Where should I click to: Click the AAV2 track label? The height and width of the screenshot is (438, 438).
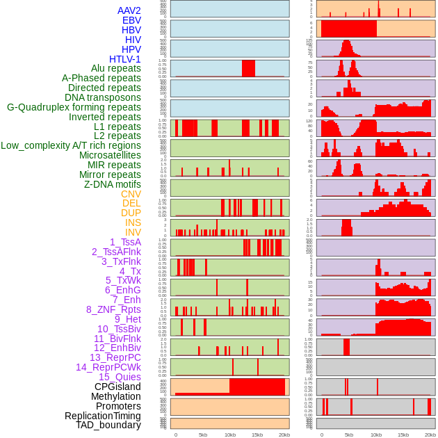pos(129,10)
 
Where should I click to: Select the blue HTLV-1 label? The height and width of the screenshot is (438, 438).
pos(124,59)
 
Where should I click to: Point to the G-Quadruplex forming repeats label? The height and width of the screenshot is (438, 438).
pos(74,107)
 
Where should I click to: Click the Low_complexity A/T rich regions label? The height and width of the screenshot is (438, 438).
pos(71,145)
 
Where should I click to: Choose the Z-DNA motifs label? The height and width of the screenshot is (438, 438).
pos(112,184)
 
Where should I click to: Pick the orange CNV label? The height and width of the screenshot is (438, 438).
pos(131,194)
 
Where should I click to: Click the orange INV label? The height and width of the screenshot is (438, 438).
pos(133,232)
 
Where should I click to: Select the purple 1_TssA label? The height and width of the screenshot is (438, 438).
pos(125,242)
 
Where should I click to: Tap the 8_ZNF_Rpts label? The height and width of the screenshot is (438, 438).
pos(113,309)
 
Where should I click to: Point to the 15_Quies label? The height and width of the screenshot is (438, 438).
pos(119,377)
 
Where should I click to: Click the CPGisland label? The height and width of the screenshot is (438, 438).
pos(117,387)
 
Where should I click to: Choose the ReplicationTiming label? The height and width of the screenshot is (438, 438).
pos(102,416)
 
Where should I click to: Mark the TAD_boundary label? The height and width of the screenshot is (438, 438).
pos(108,425)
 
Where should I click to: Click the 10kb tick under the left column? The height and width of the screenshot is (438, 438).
pos(230,435)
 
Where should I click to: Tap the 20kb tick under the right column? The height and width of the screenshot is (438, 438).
pos(430,435)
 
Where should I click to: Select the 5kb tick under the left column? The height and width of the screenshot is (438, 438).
pos(203,435)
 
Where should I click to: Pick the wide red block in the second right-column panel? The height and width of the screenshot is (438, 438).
pos(348,29)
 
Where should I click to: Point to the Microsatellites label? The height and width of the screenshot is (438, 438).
pos(110,155)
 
